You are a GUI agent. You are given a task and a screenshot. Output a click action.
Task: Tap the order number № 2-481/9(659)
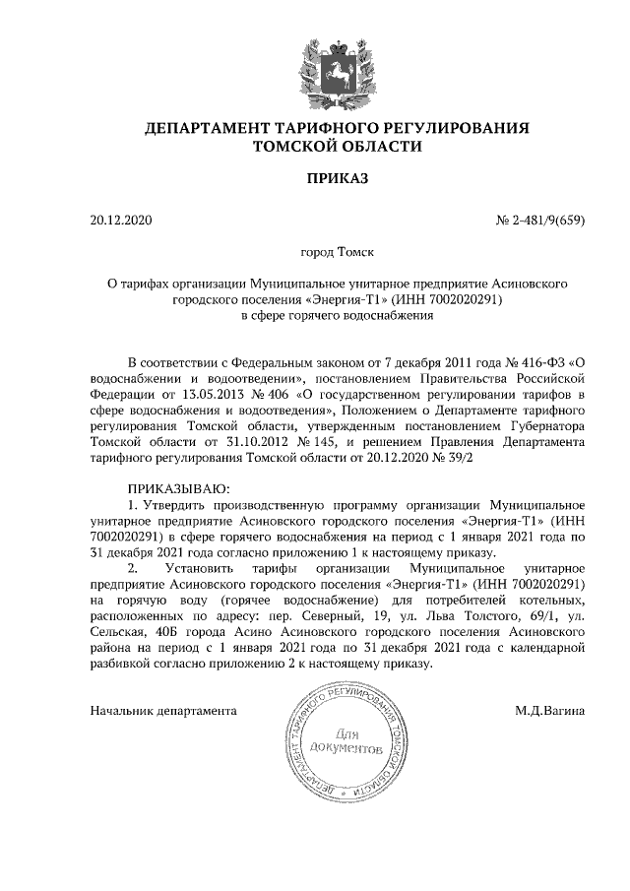click(x=539, y=220)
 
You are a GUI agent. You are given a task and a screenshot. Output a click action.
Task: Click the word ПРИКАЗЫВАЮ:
click(x=178, y=489)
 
